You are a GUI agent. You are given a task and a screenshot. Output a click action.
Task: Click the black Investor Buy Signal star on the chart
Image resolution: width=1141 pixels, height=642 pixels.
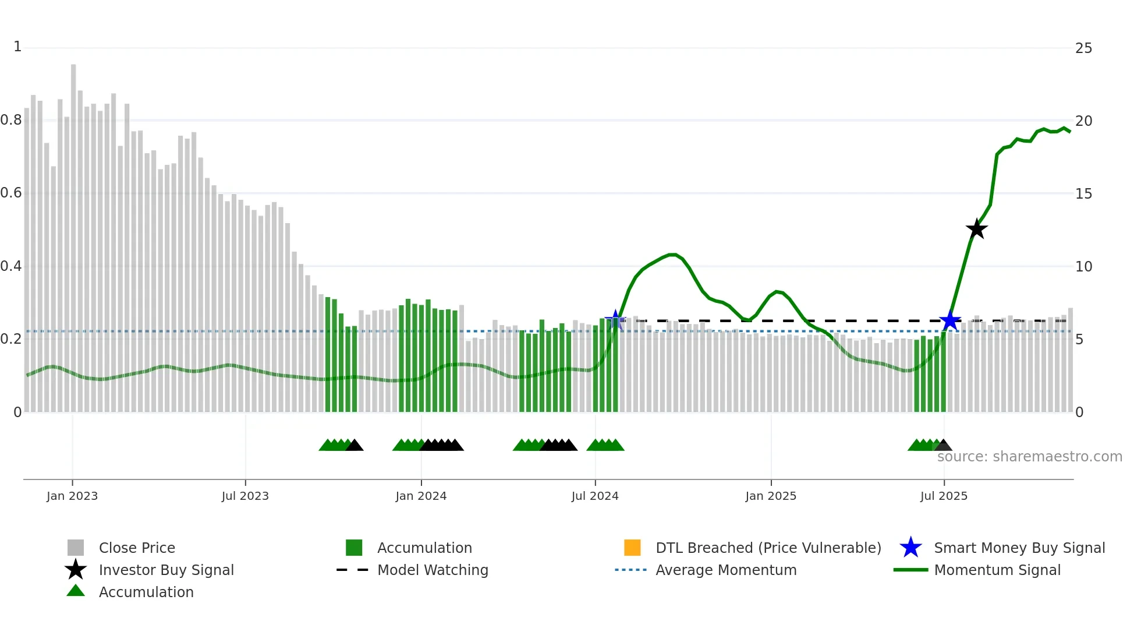pos(976,229)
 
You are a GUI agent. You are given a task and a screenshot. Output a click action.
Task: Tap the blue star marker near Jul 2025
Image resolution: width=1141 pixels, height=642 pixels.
pos(949,320)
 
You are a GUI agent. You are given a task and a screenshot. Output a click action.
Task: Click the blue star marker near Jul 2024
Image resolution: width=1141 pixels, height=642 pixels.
pos(615,320)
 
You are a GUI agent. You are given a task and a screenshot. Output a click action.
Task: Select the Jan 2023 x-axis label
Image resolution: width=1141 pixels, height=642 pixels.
pos(72,496)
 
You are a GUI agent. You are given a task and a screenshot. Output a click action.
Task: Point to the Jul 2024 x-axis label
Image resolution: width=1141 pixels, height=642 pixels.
pos(595,496)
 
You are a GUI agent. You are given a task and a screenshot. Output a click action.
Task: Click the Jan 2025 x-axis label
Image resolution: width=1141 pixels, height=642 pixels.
pos(771,496)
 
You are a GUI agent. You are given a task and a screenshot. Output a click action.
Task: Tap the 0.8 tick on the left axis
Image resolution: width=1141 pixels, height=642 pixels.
pos(11,120)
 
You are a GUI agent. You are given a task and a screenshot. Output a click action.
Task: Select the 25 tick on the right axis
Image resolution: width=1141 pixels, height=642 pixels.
pos(1083,48)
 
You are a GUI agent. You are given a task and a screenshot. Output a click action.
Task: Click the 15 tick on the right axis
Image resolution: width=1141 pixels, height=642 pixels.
pos(1083,193)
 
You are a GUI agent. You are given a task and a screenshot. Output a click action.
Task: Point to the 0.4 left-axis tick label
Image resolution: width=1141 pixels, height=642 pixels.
pos(11,266)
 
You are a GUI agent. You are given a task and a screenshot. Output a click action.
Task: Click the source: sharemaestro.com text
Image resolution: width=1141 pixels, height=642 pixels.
pos(1029,456)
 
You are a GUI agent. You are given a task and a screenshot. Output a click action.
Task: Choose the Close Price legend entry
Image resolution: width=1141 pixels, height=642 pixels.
pos(137,548)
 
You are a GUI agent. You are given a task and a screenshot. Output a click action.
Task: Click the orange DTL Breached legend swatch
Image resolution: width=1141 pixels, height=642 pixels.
pos(632,548)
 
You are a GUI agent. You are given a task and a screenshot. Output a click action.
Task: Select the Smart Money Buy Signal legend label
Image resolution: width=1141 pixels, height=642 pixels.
pos(1019,548)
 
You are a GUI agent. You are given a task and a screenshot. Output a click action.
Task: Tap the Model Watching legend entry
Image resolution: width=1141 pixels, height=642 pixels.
pos(433,570)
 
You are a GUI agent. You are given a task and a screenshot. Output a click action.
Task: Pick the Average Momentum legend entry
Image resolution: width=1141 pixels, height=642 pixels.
pos(726,570)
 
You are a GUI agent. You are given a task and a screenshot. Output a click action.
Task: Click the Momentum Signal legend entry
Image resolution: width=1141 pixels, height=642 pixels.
pos(997,570)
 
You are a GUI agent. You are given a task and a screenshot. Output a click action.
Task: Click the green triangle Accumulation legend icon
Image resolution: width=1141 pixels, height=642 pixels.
pos(76,591)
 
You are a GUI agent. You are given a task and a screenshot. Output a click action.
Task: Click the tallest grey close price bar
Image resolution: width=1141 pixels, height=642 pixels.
pos(73,233)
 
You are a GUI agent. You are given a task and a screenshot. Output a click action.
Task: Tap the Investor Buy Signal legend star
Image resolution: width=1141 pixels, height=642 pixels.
pos(76,570)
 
